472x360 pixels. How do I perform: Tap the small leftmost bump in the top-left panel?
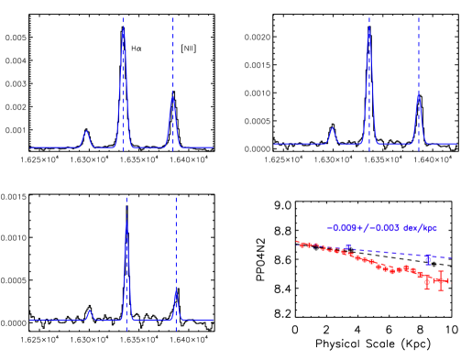point(85,133)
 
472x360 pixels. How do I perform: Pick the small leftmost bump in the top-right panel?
point(332,130)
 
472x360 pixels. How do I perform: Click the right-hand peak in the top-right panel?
point(418,94)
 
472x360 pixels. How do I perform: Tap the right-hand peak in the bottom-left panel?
point(176,295)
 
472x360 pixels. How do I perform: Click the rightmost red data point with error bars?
point(441,280)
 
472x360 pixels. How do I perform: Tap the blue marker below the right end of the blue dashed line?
point(428,259)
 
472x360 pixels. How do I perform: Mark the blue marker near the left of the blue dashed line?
point(347,245)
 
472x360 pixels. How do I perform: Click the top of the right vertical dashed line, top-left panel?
point(173,18)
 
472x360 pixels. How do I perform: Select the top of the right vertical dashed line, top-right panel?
point(418,18)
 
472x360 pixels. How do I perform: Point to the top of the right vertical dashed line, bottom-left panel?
point(176,198)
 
